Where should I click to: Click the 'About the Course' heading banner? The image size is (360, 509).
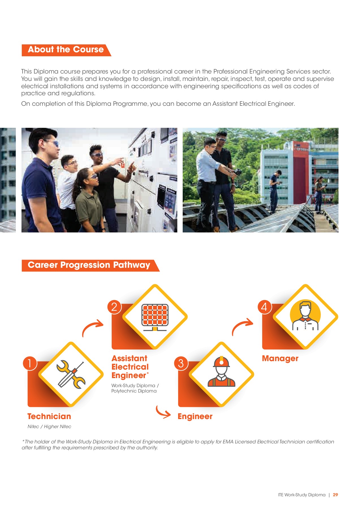(66, 50)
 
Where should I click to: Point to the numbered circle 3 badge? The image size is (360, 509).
(181, 363)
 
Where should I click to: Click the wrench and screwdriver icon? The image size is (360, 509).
(71, 374)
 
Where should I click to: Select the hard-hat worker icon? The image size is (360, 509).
(221, 371)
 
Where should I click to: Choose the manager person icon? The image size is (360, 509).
(305, 316)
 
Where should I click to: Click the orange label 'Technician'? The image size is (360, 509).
(49, 416)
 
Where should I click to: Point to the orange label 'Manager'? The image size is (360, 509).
(280, 359)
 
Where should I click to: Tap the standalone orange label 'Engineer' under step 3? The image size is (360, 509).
(195, 417)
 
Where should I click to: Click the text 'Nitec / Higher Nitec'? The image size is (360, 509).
(49, 426)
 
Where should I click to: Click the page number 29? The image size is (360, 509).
(335, 495)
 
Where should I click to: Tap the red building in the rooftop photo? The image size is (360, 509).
(299, 170)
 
